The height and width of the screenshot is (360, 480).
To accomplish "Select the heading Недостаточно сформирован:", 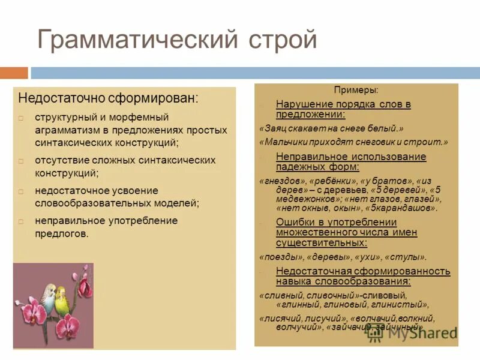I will [108, 98].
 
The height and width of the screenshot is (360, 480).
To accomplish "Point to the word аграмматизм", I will [64, 130].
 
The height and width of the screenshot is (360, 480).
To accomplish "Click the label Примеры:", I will [356, 90].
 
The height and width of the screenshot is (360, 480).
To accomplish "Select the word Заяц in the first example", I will [274, 128].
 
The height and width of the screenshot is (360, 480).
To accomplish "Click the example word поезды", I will [280, 257].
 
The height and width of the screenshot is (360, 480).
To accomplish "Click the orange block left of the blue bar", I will [14, 73].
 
